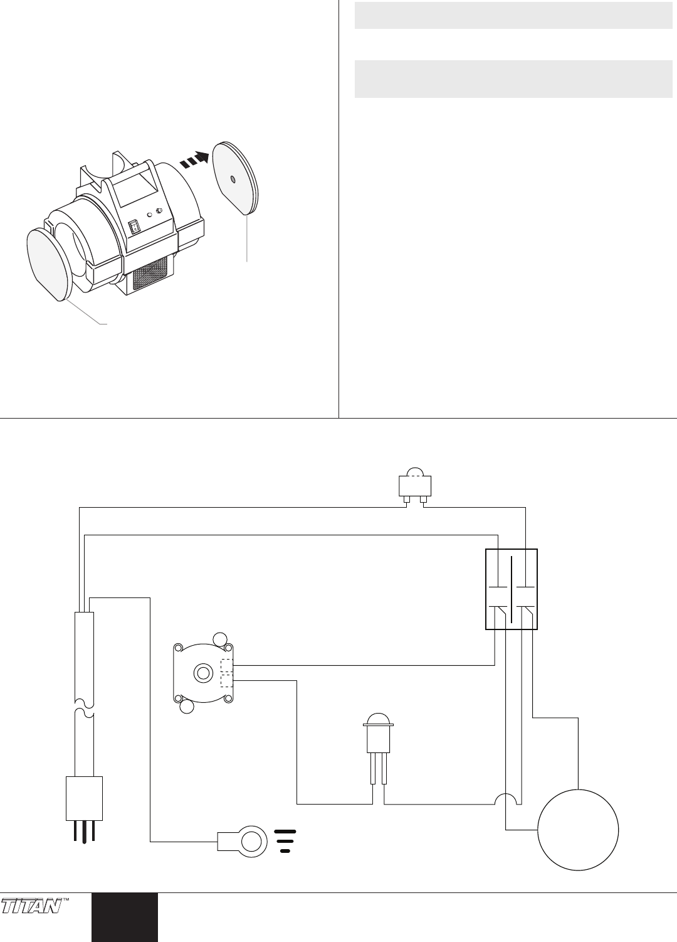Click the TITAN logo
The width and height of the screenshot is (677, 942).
click(31, 906)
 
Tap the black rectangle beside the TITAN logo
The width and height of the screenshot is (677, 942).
click(124, 917)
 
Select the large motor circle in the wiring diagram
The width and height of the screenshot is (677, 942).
click(578, 830)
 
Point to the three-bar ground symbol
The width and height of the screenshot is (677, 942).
click(285, 841)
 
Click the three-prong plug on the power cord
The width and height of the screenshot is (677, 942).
click(84, 806)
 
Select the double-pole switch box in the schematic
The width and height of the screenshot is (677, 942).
click(512, 589)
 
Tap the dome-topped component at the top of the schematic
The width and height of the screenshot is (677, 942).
click(415, 484)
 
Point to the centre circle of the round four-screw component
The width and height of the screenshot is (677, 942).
click(202, 673)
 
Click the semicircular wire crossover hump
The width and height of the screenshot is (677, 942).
click(506, 799)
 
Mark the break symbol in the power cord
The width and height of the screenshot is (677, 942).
click(84, 707)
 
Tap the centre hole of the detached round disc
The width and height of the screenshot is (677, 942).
click(233, 179)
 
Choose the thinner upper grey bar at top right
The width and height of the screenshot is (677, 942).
click(513, 16)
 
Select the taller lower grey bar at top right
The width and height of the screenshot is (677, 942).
click(513, 79)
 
